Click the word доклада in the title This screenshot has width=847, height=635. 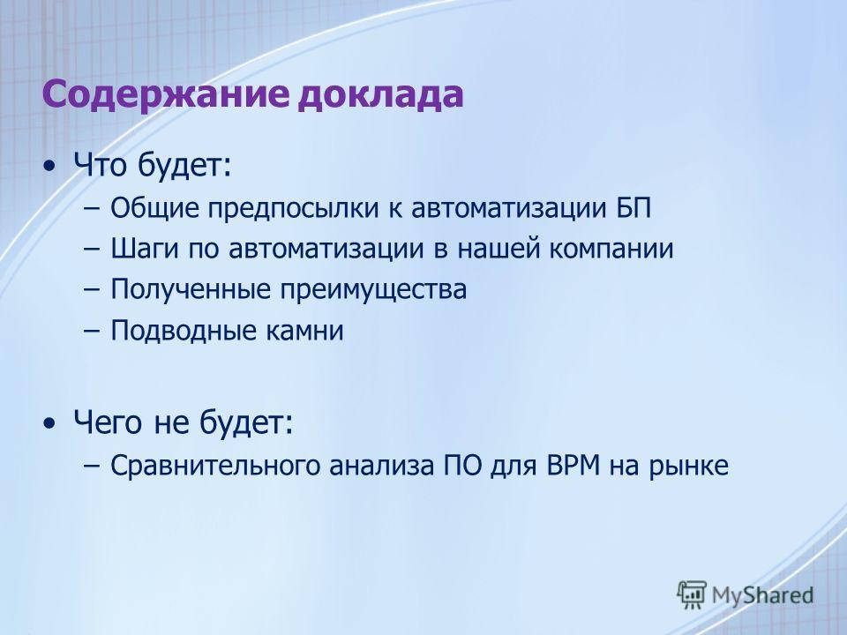point(381,95)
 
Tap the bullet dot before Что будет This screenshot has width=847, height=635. point(49,167)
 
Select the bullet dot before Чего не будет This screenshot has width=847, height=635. point(49,423)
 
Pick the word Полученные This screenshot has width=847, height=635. point(191,290)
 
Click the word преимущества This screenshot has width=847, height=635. point(372,290)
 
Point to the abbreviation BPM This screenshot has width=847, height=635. point(573,466)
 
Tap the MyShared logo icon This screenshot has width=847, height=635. point(692,594)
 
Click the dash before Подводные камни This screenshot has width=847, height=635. point(92,331)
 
